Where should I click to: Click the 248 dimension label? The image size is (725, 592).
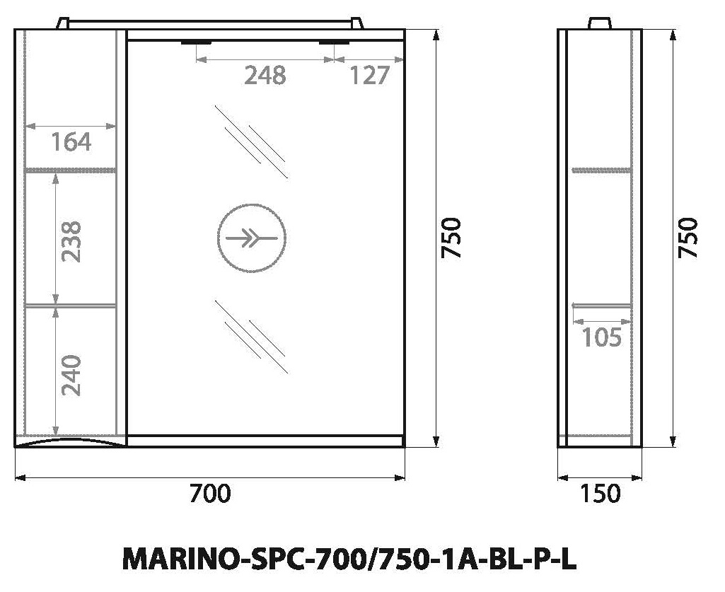tap(265, 75)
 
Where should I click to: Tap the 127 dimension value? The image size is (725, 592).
tap(369, 75)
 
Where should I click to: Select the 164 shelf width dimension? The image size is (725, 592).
tap(71, 142)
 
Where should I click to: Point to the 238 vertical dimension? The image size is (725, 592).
tap(71, 241)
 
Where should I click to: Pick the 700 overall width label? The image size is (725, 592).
tap(210, 493)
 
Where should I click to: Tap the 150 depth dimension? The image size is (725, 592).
tap(600, 493)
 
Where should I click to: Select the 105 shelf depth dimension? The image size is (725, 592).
tap(601, 337)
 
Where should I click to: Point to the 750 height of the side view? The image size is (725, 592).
tap(688, 238)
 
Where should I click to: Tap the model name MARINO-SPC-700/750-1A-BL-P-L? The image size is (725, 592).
tap(349, 559)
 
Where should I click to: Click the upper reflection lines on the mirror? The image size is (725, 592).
tap(251, 141)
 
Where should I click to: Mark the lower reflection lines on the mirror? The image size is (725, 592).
tap(251, 336)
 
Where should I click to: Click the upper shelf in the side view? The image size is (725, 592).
tap(601, 170)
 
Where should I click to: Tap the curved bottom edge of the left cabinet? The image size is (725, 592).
tap(70, 442)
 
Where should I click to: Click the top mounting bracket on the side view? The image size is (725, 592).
tap(600, 24)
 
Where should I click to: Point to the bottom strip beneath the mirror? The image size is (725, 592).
tap(265, 441)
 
